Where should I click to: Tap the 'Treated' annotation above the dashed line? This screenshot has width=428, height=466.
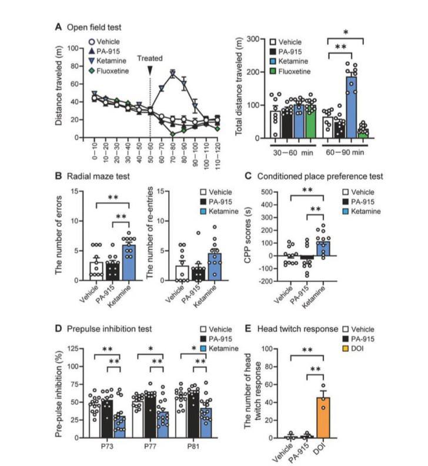pos(150,58)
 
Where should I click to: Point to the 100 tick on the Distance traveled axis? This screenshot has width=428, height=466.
pos(75,48)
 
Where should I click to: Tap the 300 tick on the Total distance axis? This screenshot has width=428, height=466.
pos(258,39)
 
